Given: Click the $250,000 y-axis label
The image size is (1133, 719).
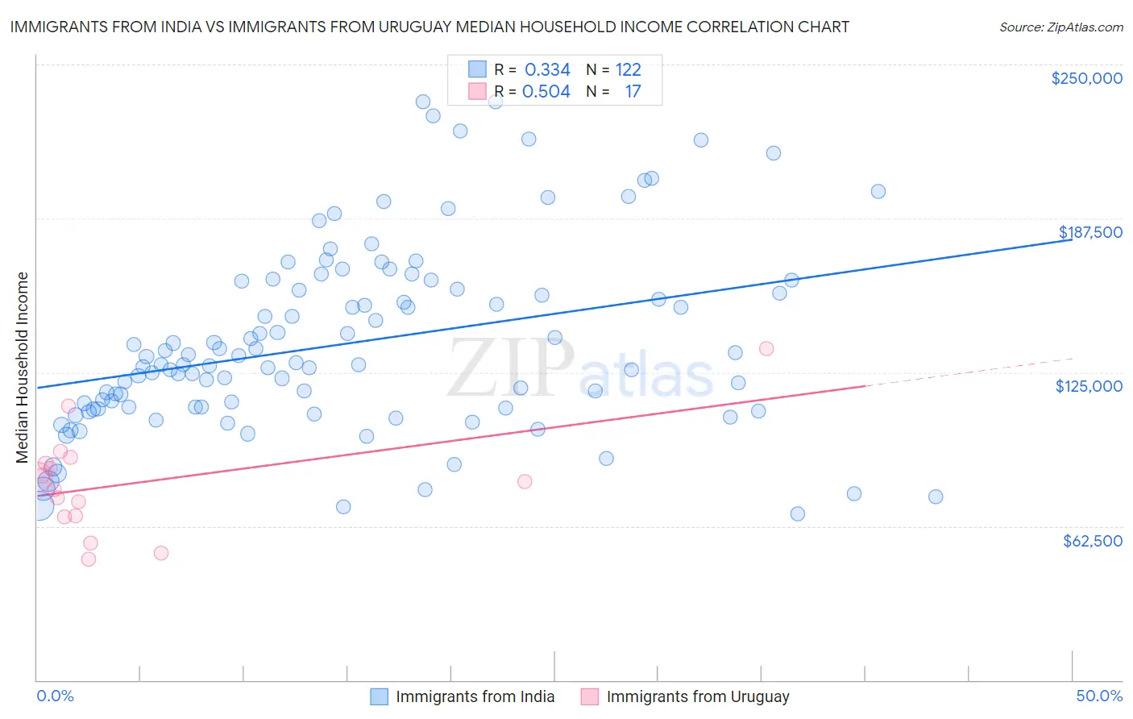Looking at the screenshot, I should click(x=1086, y=78).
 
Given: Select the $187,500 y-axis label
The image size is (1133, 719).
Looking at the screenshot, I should click(x=1089, y=232).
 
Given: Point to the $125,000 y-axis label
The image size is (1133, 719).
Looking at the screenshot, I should click(x=1089, y=386).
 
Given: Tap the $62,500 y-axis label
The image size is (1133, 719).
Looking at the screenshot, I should click(x=1092, y=541).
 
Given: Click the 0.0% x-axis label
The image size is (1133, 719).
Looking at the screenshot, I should click(x=55, y=696).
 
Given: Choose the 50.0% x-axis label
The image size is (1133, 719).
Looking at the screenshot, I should click(x=1099, y=696).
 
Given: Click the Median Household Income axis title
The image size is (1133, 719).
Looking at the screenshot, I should click(x=23, y=368).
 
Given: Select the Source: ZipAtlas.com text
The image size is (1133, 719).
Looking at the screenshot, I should click(x=1060, y=27).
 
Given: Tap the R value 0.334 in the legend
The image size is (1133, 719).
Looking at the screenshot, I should click(x=547, y=70).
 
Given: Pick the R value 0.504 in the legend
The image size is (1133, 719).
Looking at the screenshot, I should click(x=546, y=92).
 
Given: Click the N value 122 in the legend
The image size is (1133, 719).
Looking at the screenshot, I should click(x=628, y=70).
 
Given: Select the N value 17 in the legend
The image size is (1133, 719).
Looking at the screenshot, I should click(x=633, y=92).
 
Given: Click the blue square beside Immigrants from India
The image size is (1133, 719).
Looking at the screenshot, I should click(x=379, y=696).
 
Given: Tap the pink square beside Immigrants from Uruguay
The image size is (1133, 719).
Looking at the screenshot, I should click(x=590, y=696).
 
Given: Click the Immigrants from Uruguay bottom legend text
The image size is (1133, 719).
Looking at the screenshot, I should click(x=697, y=696).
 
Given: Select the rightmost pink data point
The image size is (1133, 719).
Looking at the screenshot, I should click(x=766, y=348).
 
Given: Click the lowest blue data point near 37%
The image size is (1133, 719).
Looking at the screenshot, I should click(x=798, y=513).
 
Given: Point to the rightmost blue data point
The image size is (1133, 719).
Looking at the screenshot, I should click(x=936, y=497).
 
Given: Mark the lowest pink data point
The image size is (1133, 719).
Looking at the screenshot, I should click(x=89, y=559).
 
